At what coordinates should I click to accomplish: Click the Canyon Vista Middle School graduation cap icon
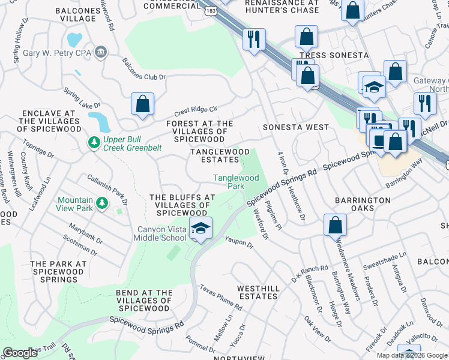[200, 228]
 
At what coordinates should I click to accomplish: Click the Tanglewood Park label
[237, 182]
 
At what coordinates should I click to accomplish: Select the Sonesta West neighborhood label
[296, 127]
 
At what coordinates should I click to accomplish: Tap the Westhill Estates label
[258, 292]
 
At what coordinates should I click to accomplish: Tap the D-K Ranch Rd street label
[310, 274]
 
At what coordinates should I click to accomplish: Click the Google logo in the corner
[20, 353]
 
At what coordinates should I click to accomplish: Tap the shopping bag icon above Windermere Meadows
[335, 225]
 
